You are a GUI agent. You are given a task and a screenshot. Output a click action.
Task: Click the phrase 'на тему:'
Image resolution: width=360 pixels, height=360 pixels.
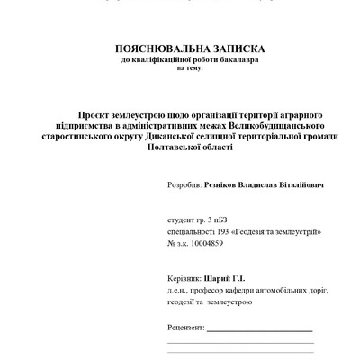click(190, 67)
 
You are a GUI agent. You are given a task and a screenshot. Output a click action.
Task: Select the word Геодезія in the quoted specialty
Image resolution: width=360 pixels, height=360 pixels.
click(255, 231)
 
